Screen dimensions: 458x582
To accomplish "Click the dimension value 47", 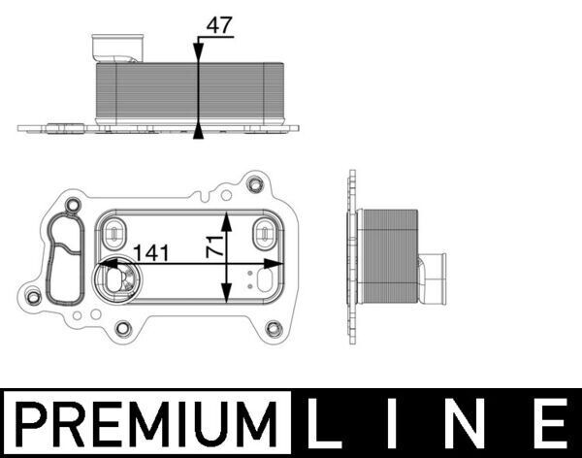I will click(x=219, y=25).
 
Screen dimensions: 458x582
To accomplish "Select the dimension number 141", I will click(x=152, y=253).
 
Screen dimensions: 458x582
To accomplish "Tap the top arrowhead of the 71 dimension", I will click(x=227, y=215).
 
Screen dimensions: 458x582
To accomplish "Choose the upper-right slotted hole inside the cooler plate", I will click(x=264, y=233).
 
